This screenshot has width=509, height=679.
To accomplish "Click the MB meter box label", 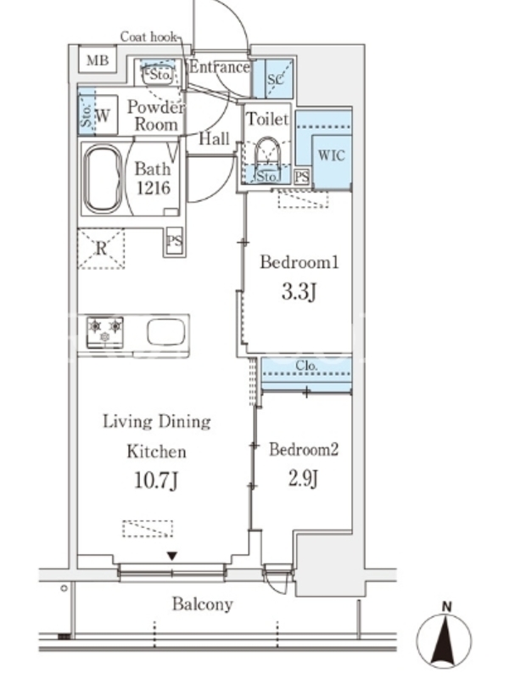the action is coord(98,59).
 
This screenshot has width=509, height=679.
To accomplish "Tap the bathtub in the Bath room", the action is coord(103,179).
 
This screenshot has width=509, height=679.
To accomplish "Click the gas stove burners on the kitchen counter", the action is coord(104,332).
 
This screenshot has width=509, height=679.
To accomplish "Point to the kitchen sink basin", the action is coord(165,332).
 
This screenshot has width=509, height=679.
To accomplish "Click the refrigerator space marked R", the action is coord(101,249).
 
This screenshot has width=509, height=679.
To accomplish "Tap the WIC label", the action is coord(332,155).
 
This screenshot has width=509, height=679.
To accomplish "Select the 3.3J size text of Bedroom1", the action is coord(299,292).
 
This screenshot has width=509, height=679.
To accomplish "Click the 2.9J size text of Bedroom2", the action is coord(303,479).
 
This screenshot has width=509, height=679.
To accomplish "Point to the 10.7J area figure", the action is coord(156,480).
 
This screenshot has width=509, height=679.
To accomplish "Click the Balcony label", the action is coord(203,603).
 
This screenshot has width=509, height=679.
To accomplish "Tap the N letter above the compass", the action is coord(447,607).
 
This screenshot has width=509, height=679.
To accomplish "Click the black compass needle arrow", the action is coord(444,641).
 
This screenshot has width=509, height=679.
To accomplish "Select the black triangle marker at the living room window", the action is coord(172,556).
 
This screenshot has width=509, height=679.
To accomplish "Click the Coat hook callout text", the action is coord(148,36).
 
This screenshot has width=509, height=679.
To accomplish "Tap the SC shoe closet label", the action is coord(275,79).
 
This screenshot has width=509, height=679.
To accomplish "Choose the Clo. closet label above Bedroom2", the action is coord(306,366).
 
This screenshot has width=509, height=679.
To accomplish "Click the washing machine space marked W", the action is coord(103,115).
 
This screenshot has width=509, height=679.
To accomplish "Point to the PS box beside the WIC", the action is coord(302,177).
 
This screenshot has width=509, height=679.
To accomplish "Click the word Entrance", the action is coord(220,67).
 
